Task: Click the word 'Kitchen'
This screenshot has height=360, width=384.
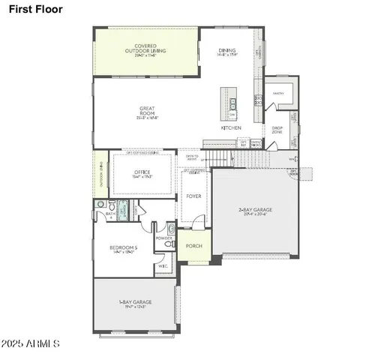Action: pyautogui.click(x=230, y=128)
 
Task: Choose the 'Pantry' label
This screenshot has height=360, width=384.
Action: pyautogui.click(x=277, y=94)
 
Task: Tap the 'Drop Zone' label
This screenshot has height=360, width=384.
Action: pyautogui.click(x=277, y=130)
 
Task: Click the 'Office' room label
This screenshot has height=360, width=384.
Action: pyautogui.click(x=142, y=174)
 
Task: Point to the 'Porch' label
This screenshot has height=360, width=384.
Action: pyautogui.click(x=193, y=244)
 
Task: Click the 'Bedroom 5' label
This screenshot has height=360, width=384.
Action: pyautogui.click(x=124, y=250)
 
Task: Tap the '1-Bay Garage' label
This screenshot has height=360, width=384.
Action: pyautogui.click(x=136, y=304)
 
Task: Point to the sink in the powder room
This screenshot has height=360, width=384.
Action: pyautogui.click(x=171, y=229)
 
